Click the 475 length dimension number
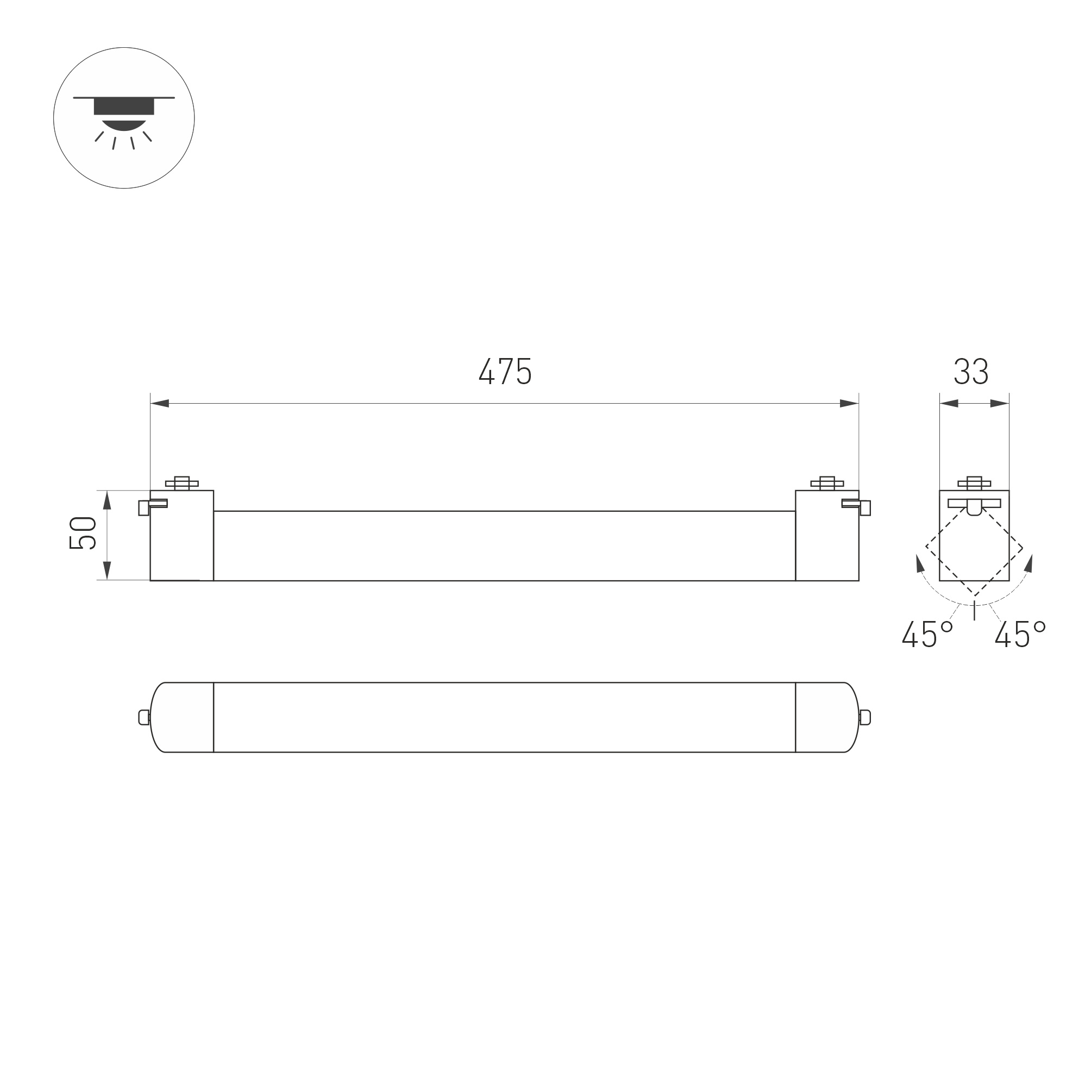(505, 371)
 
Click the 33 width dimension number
(971, 371)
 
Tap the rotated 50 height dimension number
(83, 533)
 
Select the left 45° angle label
(927, 635)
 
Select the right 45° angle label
(1019, 635)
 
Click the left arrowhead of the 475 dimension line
(160, 403)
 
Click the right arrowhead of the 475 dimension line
(849, 403)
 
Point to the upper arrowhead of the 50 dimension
(106, 500)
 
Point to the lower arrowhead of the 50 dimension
(106, 570)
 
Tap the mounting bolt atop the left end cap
(181, 483)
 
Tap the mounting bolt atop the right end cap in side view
(827, 483)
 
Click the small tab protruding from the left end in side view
(144, 507)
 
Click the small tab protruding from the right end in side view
(866, 507)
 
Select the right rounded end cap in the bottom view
(827, 717)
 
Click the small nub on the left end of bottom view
(144, 717)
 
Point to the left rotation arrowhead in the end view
(920, 563)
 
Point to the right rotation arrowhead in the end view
(1029, 563)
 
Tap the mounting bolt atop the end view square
(974, 483)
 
